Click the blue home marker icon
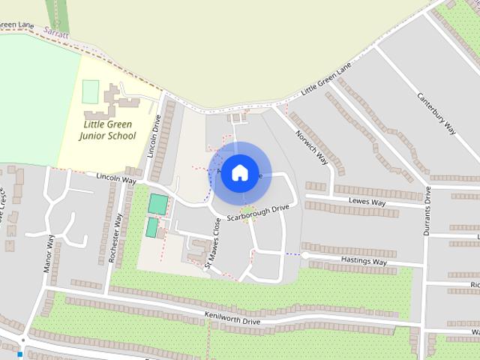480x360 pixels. (239, 172)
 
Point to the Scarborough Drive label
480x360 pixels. (258, 212)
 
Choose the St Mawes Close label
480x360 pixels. (214, 242)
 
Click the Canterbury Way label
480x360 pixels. (436, 114)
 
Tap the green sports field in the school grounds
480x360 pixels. (90, 91)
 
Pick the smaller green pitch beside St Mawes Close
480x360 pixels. (152, 227)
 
